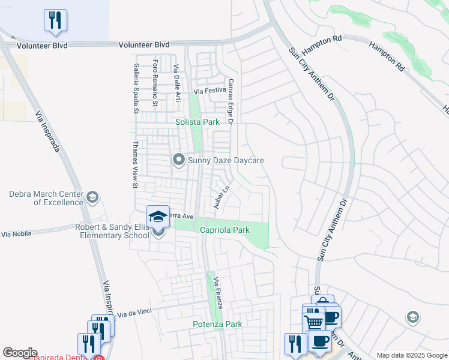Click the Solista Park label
point(197,122)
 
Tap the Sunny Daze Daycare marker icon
point(178,160)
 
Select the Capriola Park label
point(224,230)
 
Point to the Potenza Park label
point(217,325)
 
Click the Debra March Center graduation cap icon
point(92,197)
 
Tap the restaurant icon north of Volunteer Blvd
point(55,20)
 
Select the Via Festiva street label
point(209,91)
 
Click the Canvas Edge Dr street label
point(229,101)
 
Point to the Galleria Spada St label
point(136,88)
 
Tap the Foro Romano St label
point(155,83)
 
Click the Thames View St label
point(136,164)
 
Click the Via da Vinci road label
point(135,313)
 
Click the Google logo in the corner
point(20,353)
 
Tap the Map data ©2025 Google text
point(411,355)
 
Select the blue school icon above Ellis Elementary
point(158,217)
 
